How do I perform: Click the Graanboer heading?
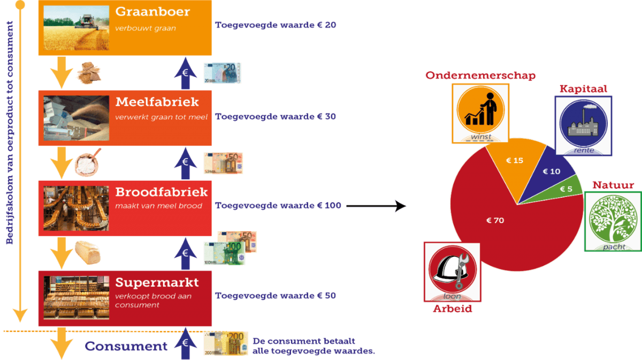152,12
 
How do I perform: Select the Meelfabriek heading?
157,102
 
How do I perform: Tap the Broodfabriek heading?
161,192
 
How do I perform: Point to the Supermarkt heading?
157,282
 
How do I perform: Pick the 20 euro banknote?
221,73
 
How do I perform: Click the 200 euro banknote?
225,343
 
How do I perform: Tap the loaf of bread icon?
87,252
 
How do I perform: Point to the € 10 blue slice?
551,172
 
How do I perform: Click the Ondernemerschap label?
480,75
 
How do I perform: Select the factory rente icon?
583,126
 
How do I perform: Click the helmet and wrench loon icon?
452,271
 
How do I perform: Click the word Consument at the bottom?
126,346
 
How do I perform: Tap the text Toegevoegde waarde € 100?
278,205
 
